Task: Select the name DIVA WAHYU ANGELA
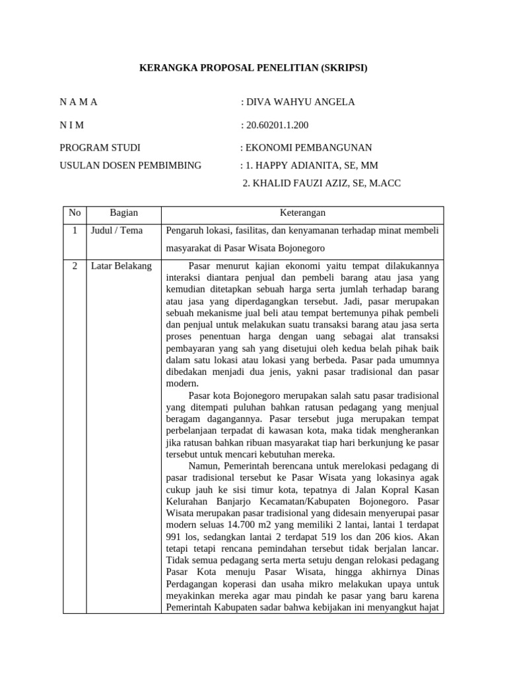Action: click(x=300, y=102)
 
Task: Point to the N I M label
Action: click(x=72, y=125)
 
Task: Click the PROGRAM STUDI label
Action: click(x=100, y=147)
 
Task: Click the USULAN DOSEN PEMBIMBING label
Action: click(x=130, y=165)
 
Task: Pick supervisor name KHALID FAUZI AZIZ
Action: click(x=294, y=183)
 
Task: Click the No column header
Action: click(x=75, y=213)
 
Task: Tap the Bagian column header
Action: click(x=124, y=213)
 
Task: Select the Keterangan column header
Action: click(x=302, y=213)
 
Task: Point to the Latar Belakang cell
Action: click(x=121, y=266)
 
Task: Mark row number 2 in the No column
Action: click(x=75, y=266)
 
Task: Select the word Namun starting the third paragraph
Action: click(x=203, y=466)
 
